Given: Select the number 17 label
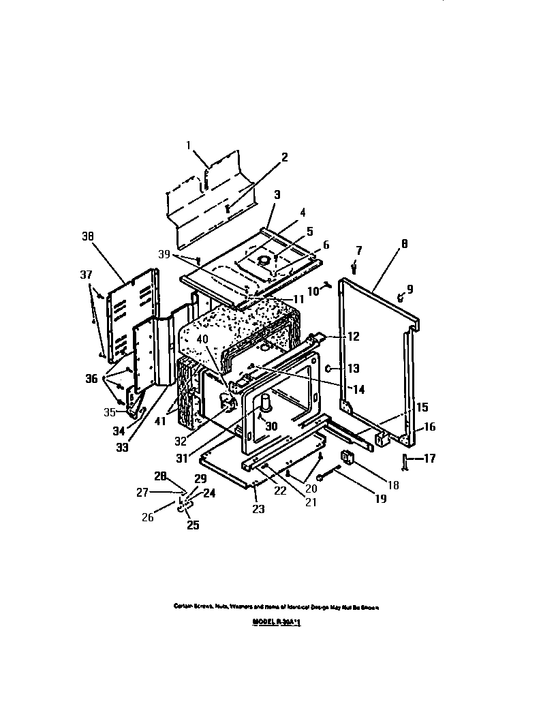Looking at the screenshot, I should [x=429, y=459].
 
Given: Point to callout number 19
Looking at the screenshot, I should [x=380, y=499].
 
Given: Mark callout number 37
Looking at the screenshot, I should [x=85, y=274].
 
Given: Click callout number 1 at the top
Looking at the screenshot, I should [x=189, y=144].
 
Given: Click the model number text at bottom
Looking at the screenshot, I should [x=277, y=622].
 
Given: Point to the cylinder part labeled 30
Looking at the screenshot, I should [x=266, y=404].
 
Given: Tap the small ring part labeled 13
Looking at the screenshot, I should [x=328, y=369].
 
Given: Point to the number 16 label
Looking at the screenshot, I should [x=428, y=427].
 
